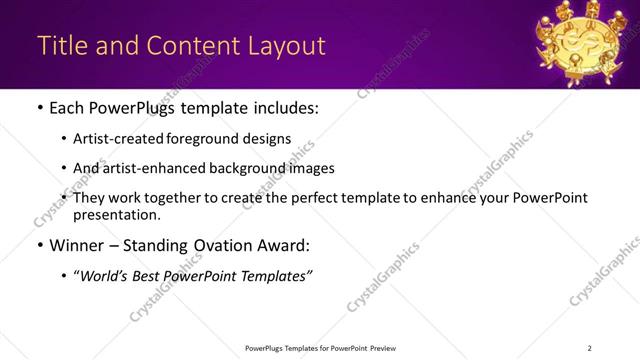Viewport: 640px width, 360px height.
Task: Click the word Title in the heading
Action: click(61, 46)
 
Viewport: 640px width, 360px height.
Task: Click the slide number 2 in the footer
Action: click(590, 348)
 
